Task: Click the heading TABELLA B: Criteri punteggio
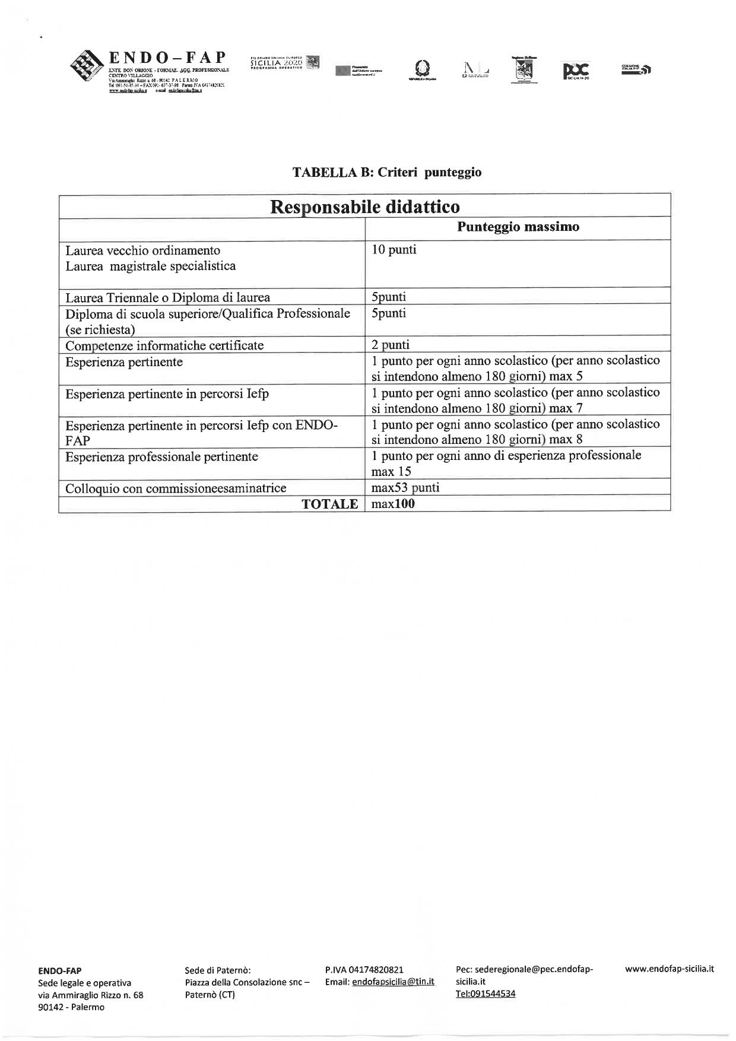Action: pyautogui.click(x=387, y=173)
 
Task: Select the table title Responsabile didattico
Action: pyautogui.click(x=364, y=207)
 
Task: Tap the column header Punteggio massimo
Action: pyautogui.click(x=518, y=227)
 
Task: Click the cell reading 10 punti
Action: pyautogui.click(x=394, y=250)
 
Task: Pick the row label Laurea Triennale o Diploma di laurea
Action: pyautogui.click(x=167, y=297)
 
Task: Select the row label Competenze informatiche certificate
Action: pyautogui.click(x=164, y=345)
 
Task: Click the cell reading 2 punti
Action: pyautogui.click(x=391, y=345)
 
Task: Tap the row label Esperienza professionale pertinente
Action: pyautogui.click(x=161, y=457)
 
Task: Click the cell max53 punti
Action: pyautogui.click(x=405, y=488)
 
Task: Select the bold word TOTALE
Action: pyautogui.click(x=329, y=504)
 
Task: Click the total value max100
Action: pyautogui.click(x=393, y=504)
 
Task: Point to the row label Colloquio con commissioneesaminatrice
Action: pyautogui.click(x=176, y=488)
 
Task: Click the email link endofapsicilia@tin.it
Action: pyautogui.click(x=393, y=982)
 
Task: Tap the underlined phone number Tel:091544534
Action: pyautogui.click(x=486, y=994)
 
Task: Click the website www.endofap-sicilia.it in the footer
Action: pyautogui.click(x=670, y=969)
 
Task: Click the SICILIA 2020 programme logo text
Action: pyautogui.click(x=277, y=62)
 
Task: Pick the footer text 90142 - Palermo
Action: pyautogui.click(x=71, y=1007)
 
